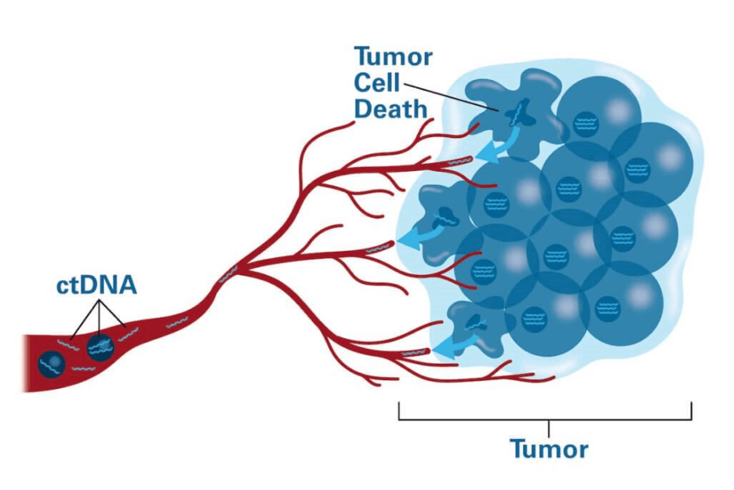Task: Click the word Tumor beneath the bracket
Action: tap(548, 449)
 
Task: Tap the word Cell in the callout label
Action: tap(377, 82)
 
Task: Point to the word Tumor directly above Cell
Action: tap(393, 56)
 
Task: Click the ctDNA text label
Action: tap(96, 285)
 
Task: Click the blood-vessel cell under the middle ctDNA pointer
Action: tap(99, 347)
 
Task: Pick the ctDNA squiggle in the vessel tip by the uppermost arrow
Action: tap(459, 162)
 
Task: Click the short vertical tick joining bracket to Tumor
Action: tap(548, 428)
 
